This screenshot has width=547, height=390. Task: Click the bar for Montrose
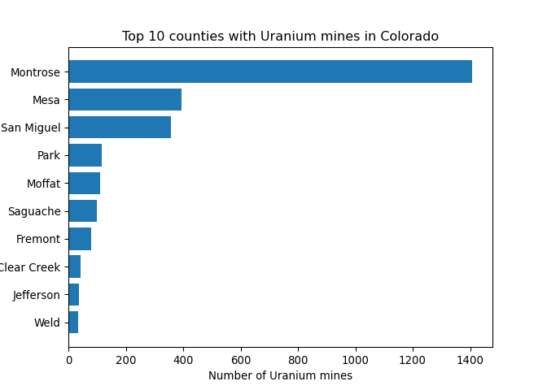[x=269, y=71]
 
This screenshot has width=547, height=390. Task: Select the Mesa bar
[x=125, y=99]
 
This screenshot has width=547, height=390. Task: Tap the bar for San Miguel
[x=120, y=128]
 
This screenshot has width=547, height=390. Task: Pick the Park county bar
[x=85, y=155]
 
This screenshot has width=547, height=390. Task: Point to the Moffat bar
[x=84, y=183]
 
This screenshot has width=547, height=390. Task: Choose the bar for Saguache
[x=82, y=211]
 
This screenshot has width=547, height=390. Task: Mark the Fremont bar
[x=80, y=239]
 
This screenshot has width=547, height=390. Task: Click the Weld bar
[x=73, y=323]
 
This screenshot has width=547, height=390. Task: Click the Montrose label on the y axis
[x=35, y=72]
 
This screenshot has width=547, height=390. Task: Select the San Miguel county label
[x=31, y=128]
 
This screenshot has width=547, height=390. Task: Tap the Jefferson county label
[x=37, y=295]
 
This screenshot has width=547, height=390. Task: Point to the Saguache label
[x=34, y=211]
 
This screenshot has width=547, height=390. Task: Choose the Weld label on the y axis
[x=47, y=323]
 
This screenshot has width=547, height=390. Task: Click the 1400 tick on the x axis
[x=470, y=358]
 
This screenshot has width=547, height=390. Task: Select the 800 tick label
[x=298, y=358]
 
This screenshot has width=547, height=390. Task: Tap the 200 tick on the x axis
[x=126, y=358]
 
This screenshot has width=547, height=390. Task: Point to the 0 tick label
[x=68, y=358]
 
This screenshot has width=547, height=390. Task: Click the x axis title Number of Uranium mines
[x=280, y=375]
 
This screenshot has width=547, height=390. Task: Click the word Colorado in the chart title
[x=409, y=37]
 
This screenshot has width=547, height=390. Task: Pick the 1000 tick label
[x=356, y=358]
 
